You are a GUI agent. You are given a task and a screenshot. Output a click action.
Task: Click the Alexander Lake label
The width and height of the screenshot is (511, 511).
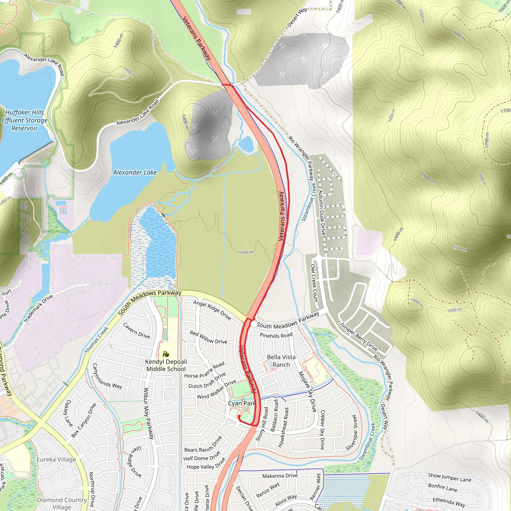pos(135,172)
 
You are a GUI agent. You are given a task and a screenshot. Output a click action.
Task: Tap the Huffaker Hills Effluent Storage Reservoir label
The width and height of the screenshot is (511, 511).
pos(25,120)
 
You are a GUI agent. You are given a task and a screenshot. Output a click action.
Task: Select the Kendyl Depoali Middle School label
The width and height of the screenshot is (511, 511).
pos(166,365)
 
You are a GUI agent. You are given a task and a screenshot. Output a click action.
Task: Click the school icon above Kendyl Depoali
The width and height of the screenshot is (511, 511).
pos(166,354)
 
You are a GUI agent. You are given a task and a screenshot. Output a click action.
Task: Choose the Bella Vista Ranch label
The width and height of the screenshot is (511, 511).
pos(281,361)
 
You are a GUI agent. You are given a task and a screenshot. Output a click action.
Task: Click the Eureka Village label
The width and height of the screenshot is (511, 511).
pos(56,459)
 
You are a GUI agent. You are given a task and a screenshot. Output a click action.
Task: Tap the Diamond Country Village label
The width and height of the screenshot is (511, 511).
pos(62,503)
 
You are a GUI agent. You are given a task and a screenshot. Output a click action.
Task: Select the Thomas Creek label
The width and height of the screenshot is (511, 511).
pos(97,340)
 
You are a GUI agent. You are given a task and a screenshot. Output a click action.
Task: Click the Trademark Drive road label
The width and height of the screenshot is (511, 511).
pos(38,308)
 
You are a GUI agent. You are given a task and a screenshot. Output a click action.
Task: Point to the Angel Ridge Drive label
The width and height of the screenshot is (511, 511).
pos(212,310)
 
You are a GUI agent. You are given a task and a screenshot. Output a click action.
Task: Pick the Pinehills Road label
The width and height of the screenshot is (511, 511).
pos(276,335)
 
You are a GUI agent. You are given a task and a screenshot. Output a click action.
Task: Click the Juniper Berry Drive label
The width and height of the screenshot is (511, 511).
pos(358,336)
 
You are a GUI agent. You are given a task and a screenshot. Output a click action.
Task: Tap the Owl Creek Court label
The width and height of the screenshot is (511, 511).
pos(314,283)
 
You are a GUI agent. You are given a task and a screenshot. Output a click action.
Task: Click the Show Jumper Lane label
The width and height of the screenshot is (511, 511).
pos(450,477)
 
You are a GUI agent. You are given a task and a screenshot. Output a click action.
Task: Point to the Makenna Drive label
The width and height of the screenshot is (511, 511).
pos(280,476)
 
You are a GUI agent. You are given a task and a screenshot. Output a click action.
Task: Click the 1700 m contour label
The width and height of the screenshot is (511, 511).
pos(487,140)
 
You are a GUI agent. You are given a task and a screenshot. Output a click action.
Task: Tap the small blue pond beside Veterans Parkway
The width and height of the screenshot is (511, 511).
pos(246,144)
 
